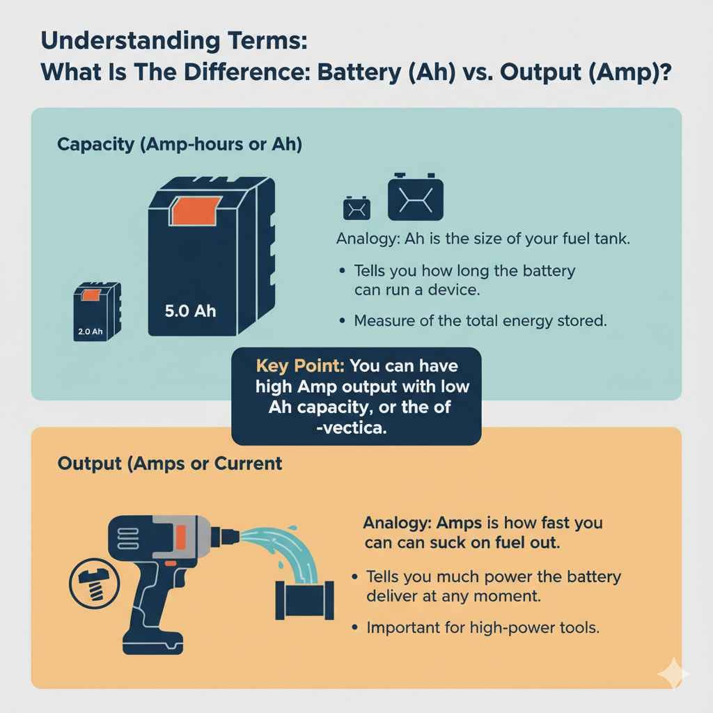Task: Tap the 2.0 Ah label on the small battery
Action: click(x=88, y=331)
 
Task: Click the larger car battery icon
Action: click(x=415, y=197)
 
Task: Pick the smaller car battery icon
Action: click(x=356, y=207)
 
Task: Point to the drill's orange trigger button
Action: click(x=181, y=539)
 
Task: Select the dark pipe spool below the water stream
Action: click(x=303, y=598)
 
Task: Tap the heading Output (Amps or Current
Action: click(x=169, y=463)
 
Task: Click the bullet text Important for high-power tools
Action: click(x=483, y=627)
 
